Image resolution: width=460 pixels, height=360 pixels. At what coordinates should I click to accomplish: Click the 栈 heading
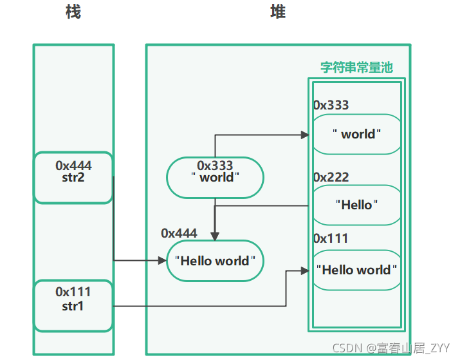tap(73, 12)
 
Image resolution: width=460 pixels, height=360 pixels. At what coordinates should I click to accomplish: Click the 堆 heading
tap(278, 12)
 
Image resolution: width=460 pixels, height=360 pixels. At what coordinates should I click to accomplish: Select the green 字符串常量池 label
tap(356, 67)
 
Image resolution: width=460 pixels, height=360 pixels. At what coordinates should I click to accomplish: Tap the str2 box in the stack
tap(73, 177)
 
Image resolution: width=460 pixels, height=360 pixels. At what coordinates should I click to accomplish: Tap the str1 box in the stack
tap(73, 306)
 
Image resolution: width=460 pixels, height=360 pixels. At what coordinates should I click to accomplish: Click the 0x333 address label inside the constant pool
tap(331, 105)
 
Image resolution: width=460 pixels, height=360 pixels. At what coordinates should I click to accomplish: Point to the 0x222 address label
tap(331, 177)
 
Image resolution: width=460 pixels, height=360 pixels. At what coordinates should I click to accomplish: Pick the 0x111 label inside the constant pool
tap(331, 238)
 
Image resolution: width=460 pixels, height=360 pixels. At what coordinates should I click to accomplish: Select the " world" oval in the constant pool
tap(356, 134)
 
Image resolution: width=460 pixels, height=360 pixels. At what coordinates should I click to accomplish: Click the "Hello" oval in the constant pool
tap(356, 205)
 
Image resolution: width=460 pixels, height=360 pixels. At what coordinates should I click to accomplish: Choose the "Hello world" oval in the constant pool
tap(356, 270)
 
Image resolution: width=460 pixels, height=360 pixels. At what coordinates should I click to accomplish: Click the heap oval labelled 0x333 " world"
tap(215, 177)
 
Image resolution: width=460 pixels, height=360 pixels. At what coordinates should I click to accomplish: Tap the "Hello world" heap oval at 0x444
tap(215, 261)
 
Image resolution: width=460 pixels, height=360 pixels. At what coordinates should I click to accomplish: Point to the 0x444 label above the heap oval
tap(179, 233)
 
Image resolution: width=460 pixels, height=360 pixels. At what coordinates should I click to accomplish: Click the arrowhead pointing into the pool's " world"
tap(305, 135)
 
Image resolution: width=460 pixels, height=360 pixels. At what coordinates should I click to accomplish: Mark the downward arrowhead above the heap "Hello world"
tap(215, 236)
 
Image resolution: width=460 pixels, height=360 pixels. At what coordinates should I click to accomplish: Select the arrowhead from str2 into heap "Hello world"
tap(162, 260)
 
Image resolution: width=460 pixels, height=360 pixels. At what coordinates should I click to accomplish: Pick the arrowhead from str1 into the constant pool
tap(305, 270)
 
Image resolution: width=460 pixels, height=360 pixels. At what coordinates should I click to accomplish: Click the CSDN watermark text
tap(391, 348)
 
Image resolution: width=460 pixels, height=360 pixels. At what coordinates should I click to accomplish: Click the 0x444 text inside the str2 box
tap(73, 166)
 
